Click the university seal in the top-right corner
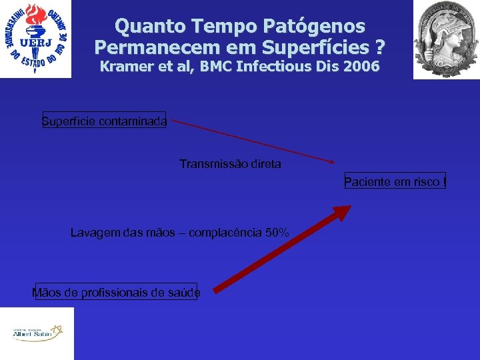click(446, 39)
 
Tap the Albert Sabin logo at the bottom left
click(37, 333)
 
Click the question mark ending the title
click(380, 48)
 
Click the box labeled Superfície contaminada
click(104, 121)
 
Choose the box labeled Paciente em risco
click(395, 181)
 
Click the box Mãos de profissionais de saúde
click(116, 292)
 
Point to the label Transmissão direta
click(230, 163)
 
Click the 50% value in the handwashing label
click(277, 233)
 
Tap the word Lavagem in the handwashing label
click(94, 233)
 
